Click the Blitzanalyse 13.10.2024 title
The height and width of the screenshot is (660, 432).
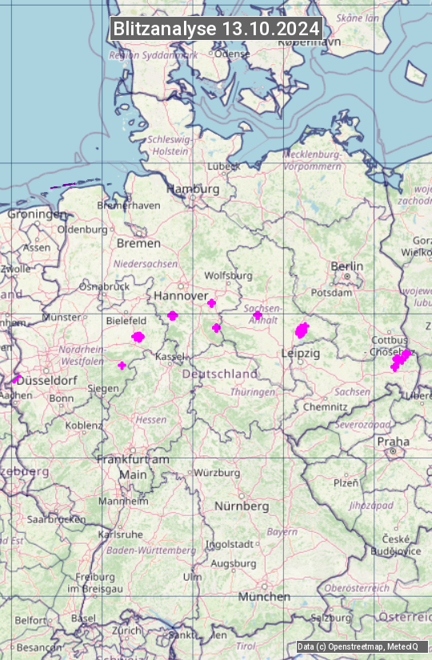(216, 29)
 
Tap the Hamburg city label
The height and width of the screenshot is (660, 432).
(193, 189)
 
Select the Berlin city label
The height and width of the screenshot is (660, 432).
(346, 266)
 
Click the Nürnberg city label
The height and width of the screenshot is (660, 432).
(242, 506)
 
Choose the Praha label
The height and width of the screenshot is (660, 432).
(393, 441)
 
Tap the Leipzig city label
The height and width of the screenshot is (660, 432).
(301, 353)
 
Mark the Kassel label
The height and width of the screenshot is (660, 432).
(171, 356)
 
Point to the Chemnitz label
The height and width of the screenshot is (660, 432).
(320, 406)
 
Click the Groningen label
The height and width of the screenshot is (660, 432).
(37, 214)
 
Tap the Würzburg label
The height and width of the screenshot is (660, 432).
(217, 473)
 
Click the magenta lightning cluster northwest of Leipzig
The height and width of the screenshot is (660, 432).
(302, 330)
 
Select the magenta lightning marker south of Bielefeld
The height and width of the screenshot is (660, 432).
(138, 337)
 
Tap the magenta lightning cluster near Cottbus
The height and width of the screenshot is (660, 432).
(400, 359)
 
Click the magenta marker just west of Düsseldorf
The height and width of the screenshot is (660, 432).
(17, 379)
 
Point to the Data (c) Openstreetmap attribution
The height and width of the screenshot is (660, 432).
(358, 646)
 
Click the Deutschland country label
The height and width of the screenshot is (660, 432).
(220, 374)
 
